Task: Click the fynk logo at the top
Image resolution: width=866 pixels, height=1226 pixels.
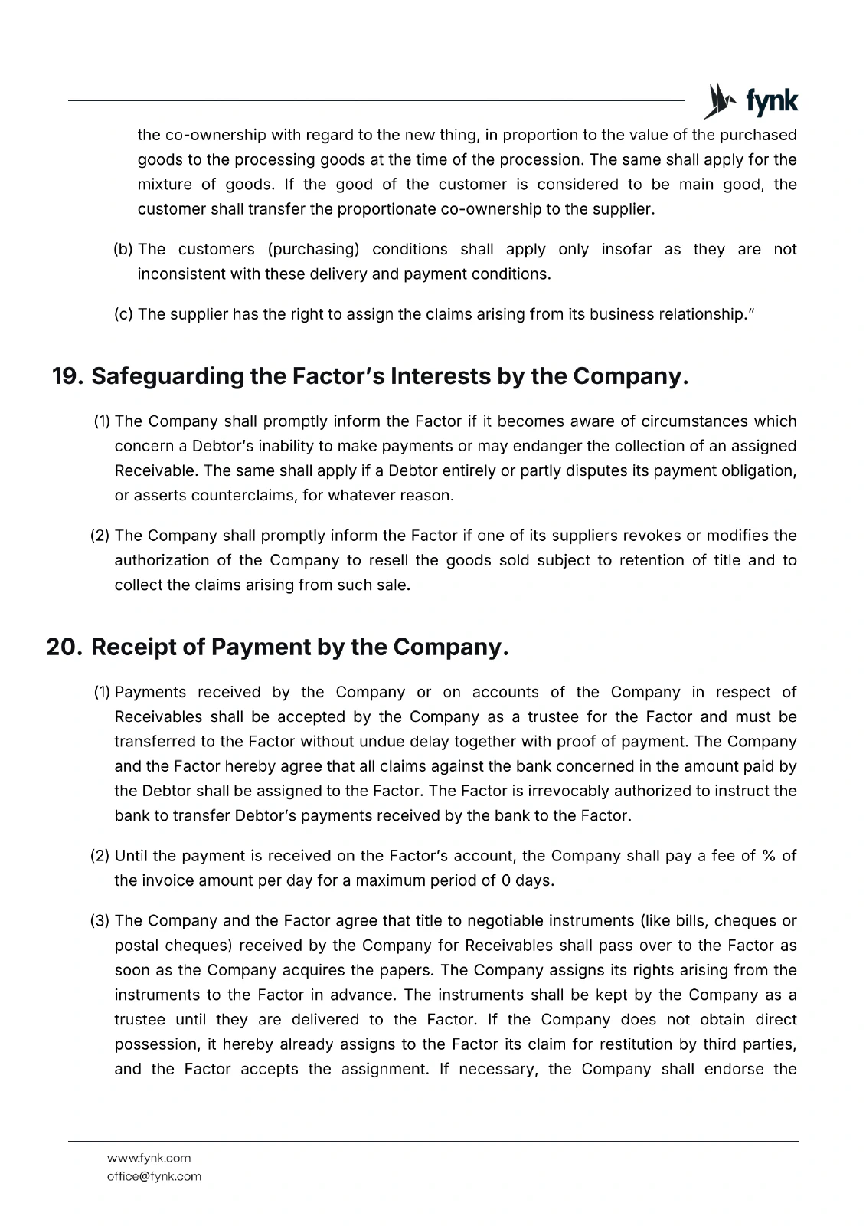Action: [751, 101]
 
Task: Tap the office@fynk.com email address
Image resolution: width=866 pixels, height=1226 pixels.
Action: [154, 1176]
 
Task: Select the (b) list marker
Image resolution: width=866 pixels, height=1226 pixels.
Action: [123, 249]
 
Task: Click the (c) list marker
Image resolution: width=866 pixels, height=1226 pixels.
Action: [123, 314]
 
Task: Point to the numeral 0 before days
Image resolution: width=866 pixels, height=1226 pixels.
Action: [505, 880]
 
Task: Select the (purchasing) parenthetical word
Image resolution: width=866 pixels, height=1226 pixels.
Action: [313, 249]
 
